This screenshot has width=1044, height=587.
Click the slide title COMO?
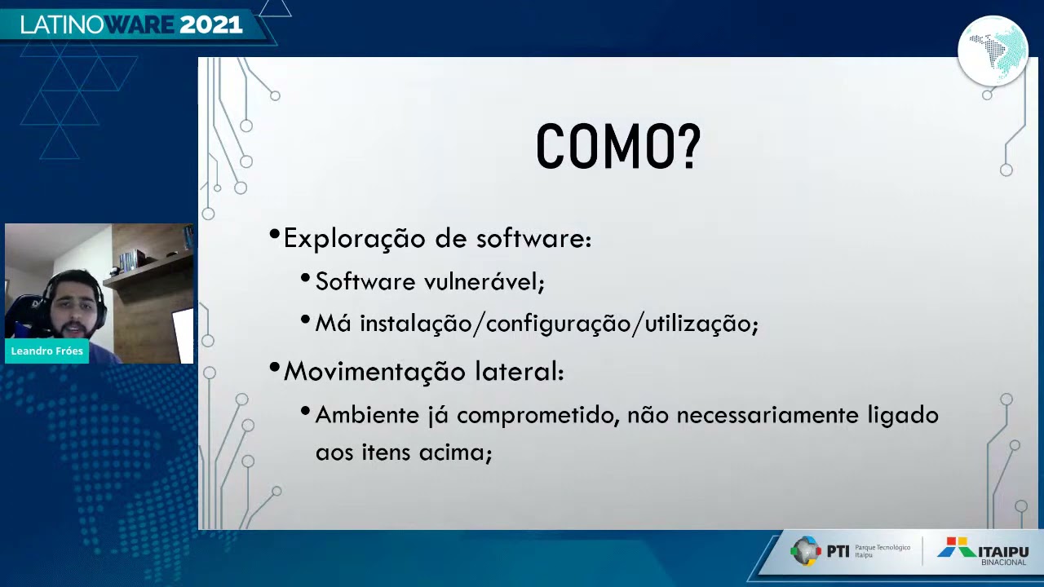tap(617, 148)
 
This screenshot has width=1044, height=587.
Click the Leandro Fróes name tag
tap(46, 351)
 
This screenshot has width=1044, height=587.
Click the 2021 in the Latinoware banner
tap(210, 25)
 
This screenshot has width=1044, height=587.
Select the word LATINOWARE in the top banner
tap(98, 25)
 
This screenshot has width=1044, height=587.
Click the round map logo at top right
tap(993, 51)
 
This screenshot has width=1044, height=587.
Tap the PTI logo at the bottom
tap(820, 551)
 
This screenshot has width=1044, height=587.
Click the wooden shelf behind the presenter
tap(151, 269)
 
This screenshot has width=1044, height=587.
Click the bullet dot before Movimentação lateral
tap(274, 369)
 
